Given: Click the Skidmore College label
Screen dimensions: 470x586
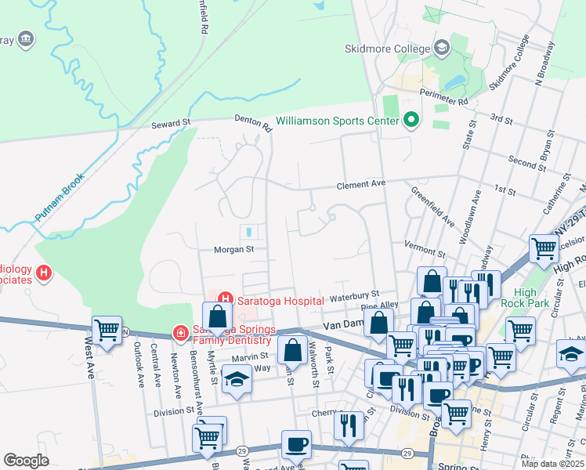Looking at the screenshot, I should click(x=388, y=49).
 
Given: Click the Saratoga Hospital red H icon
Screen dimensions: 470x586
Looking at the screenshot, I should click(x=226, y=298).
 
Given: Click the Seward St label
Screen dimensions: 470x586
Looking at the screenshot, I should click(x=171, y=124).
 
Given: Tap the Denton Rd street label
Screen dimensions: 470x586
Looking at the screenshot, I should click(x=252, y=122).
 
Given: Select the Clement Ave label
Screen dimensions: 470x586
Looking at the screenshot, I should click(x=361, y=185).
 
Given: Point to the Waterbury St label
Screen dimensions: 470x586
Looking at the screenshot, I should click(x=354, y=295).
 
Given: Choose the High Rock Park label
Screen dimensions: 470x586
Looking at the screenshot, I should click(x=550, y=302).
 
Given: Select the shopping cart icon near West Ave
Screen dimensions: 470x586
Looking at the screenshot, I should click(x=106, y=330).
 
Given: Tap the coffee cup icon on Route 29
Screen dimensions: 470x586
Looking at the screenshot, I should click(x=296, y=444).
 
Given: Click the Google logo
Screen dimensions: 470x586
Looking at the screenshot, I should click(x=26, y=461).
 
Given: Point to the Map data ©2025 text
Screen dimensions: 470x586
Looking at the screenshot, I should click(x=552, y=464).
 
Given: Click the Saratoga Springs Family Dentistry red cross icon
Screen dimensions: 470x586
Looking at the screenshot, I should click(x=180, y=334).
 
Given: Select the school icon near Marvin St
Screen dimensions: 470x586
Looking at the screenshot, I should click(x=234, y=379).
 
